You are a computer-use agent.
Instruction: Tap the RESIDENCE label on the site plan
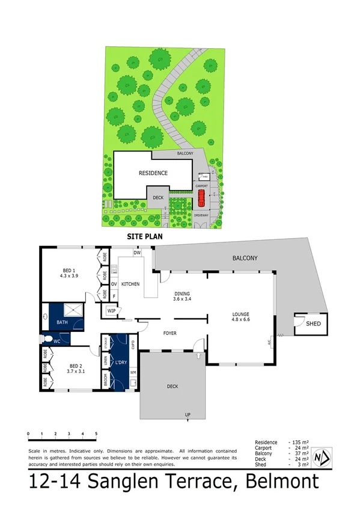153,173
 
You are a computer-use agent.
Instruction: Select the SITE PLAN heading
145,237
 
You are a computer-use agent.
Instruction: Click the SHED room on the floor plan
314,324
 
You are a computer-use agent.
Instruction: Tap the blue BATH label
63,323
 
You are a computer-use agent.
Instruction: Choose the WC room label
58,341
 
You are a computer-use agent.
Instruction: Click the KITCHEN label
131,283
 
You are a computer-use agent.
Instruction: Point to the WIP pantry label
111,311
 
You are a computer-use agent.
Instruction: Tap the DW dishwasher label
137,253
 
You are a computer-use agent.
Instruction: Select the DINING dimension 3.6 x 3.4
182,298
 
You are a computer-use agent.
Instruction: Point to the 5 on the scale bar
96,432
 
